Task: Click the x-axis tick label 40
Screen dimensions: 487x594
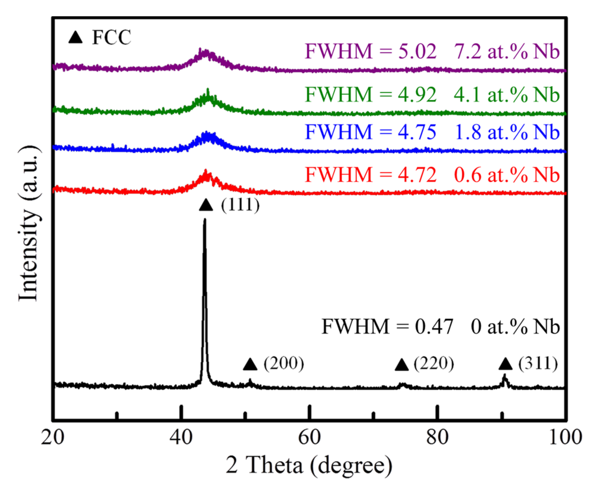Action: [181, 437]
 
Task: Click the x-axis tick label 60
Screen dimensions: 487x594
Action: [309, 437]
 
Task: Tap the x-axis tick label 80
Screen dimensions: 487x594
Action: [437, 437]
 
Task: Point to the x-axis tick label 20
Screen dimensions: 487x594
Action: [53, 437]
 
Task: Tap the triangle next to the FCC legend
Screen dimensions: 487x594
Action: [75, 37]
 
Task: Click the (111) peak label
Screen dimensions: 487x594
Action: [240, 205]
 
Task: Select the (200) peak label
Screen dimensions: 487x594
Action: [283, 364]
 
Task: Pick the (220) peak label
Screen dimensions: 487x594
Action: [434, 364]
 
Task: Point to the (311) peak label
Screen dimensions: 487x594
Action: [538, 364]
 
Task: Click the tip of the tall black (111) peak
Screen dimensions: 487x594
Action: [204, 220]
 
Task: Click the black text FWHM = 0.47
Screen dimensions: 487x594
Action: [387, 326]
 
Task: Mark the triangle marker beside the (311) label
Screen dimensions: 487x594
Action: [505, 364]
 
